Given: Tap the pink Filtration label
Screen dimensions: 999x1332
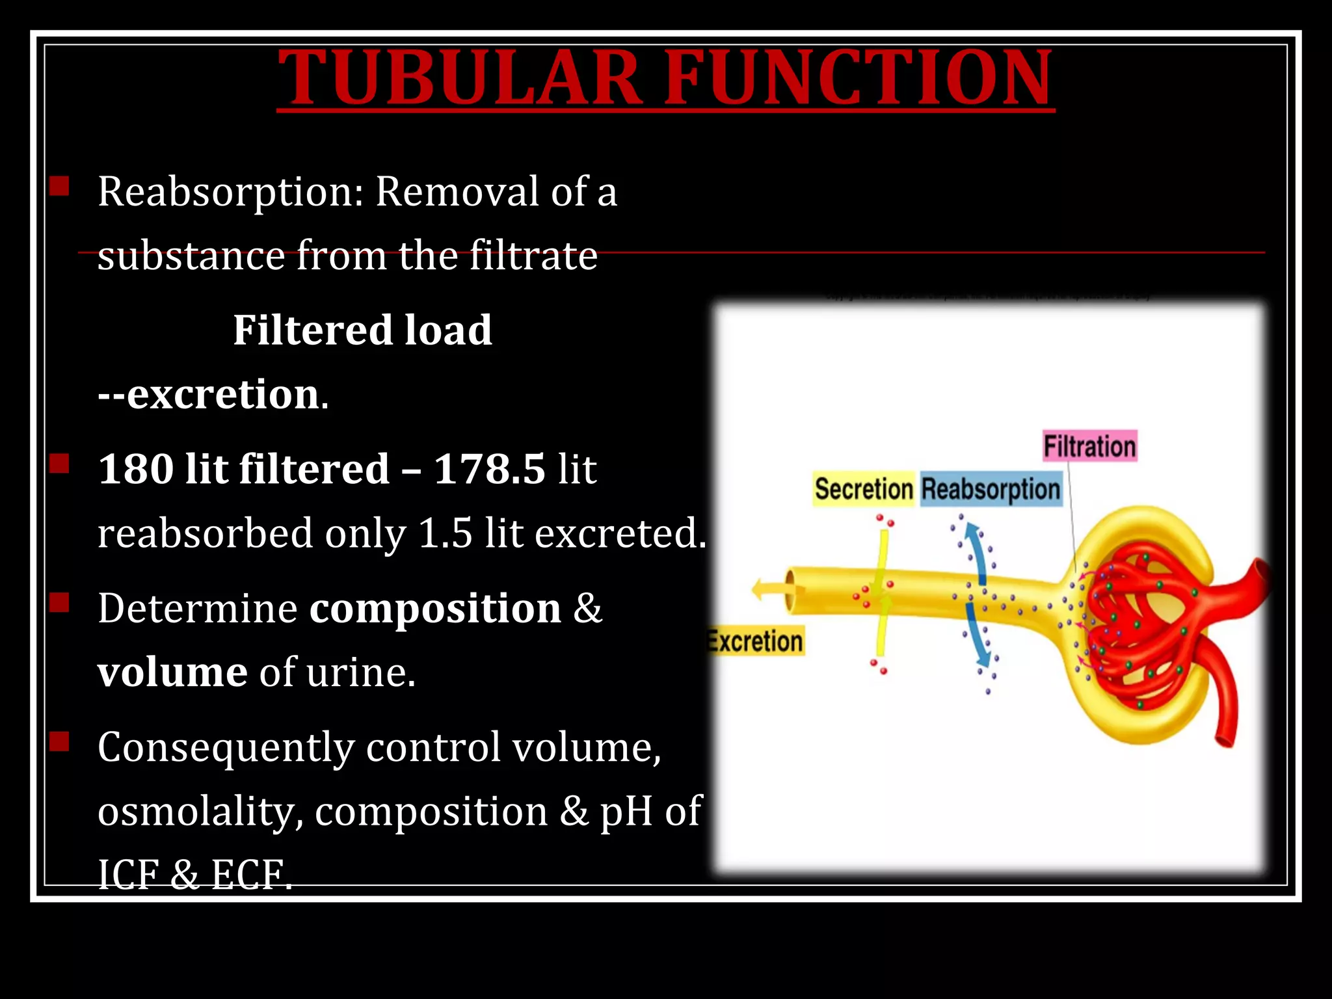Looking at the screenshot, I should pos(1089,447).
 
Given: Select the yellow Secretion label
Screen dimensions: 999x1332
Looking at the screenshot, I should pos(863,489).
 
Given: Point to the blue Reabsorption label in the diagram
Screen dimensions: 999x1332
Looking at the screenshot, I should pos(991,489).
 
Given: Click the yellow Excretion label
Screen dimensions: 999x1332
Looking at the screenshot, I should pos(756,641).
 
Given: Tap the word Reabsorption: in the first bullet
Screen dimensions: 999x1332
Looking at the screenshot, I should pos(230,193).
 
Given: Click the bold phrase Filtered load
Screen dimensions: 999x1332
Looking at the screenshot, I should pos(362,330).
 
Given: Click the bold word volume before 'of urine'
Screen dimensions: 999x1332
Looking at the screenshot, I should pos(172,672).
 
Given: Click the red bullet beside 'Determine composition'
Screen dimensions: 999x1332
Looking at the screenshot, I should pos(59,601).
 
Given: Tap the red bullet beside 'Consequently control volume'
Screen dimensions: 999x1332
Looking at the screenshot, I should pos(59,741).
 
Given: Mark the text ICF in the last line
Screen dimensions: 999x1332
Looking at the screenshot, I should pos(127,875).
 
